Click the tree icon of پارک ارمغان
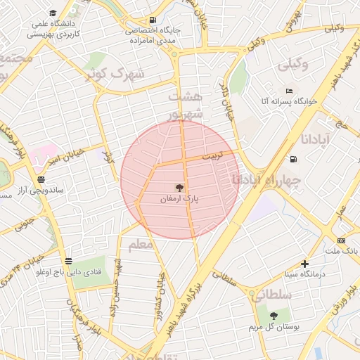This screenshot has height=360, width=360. pos(180,188)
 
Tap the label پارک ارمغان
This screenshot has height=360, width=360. pos(180,200)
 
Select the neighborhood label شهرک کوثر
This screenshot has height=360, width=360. pos(117,72)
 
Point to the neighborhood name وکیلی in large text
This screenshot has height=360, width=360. pos(295,65)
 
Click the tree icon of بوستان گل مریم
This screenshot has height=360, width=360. pos(274,316)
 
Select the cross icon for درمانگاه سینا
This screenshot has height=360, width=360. pos(304,264)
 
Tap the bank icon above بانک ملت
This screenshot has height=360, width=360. pos(341,240)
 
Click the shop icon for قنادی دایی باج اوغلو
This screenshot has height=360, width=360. pos(67,259)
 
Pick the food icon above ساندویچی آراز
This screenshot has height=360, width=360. pos(41,179)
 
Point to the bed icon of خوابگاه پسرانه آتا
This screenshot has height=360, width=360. pos(289,91)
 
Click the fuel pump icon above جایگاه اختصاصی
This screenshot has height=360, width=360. pos(153,20)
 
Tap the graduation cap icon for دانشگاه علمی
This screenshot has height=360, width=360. pos(54,13)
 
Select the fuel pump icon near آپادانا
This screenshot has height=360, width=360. pos(292,157)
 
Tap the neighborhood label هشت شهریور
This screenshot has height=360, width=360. pos(186,103)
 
